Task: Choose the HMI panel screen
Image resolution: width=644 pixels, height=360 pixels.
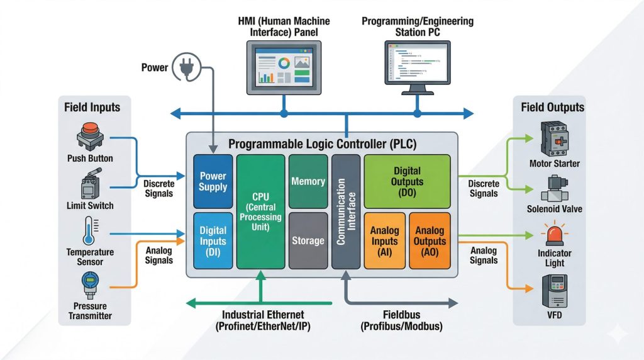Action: (x=284, y=69)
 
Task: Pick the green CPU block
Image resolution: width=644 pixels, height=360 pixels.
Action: (x=260, y=211)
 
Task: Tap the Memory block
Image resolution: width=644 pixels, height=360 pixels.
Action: (x=308, y=181)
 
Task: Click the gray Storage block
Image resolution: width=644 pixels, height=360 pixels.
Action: (x=308, y=240)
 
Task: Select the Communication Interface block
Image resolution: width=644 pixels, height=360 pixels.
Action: (x=346, y=211)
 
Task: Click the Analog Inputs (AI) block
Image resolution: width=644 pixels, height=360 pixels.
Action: (x=384, y=240)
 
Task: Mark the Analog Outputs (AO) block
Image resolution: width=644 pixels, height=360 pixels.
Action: (x=430, y=240)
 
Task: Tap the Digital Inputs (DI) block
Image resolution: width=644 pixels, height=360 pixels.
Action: (x=213, y=240)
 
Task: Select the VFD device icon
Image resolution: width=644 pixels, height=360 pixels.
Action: (x=553, y=291)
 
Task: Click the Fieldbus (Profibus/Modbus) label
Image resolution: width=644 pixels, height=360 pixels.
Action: (x=401, y=321)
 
